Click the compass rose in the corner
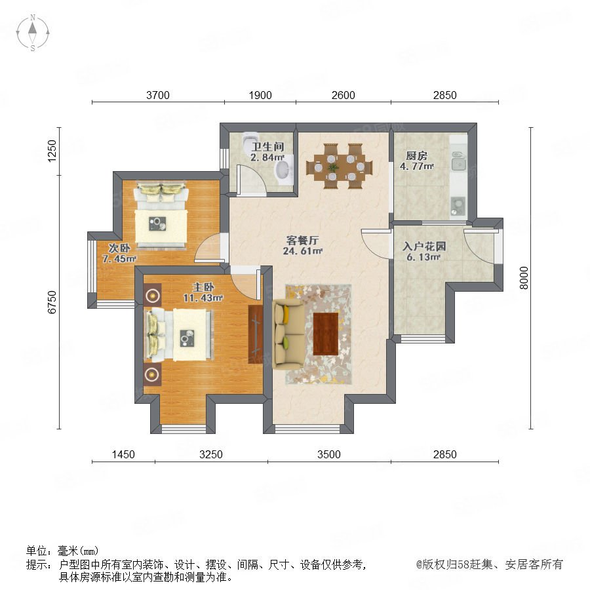point(33,33)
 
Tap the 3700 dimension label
point(157,95)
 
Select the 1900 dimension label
point(260,95)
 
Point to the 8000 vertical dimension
point(524,278)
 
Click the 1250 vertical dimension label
point(52,151)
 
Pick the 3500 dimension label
point(328,454)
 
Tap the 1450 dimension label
point(123,454)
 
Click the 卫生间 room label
point(267,147)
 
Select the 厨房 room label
point(416,155)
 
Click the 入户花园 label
point(424,246)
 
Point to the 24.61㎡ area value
point(303,250)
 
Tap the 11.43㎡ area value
point(203,298)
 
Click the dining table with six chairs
point(340,166)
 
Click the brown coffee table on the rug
point(326,334)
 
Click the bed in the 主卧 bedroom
point(179,335)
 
